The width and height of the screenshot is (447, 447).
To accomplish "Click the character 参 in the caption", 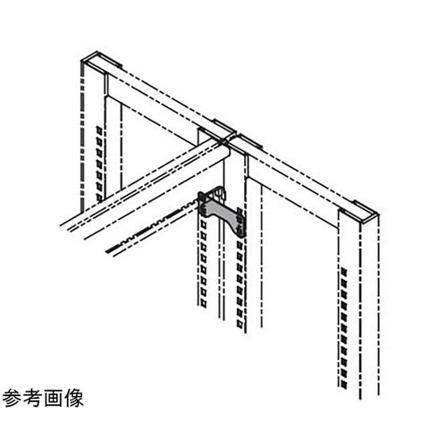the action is click(12, 398).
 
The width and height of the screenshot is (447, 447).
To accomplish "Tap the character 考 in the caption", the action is click(32, 398).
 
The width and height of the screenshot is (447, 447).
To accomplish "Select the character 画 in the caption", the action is click(53, 398).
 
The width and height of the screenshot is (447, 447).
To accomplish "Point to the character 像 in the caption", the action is click(73, 398).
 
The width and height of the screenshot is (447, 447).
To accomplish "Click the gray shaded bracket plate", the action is click(222, 212).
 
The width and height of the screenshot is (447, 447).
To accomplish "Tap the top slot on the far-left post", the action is click(99, 131).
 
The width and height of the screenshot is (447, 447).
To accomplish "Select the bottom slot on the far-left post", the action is click(99, 198).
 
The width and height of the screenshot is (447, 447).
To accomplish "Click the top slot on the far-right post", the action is click(343, 272).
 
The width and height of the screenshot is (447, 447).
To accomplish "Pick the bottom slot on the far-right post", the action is click(343, 384).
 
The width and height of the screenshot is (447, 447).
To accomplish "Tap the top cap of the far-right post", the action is click(365, 213).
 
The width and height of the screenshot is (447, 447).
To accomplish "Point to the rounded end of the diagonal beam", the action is click(225, 149).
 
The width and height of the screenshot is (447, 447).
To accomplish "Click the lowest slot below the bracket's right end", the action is click(240, 323).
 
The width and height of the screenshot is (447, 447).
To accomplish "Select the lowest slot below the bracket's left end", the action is click(203, 303).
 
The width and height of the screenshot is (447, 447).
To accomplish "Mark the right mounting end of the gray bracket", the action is click(240, 223).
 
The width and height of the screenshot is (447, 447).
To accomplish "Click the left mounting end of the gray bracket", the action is click(203, 203).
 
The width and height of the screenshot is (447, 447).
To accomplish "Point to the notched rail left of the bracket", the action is click(152, 227).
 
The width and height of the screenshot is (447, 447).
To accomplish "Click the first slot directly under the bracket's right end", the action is click(240, 245).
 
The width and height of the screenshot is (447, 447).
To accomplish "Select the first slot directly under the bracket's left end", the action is click(203, 225).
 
